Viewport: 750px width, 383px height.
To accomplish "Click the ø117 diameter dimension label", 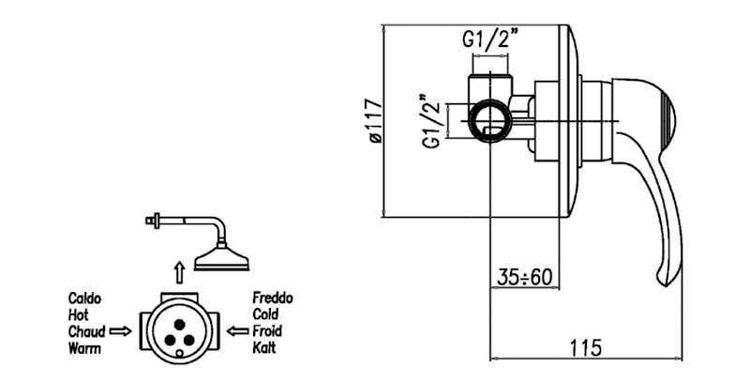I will (x=374, y=120).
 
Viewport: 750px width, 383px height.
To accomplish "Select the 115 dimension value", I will (x=585, y=346).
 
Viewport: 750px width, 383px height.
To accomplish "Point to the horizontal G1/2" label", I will (x=491, y=41).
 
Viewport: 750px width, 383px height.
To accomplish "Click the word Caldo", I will (x=84, y=298).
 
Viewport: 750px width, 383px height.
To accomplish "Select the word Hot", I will (x=78, y=314).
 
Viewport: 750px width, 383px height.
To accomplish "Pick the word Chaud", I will (x=86, y=331).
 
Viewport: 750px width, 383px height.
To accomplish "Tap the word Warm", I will (x=84, y=348).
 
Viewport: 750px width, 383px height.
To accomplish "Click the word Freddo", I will (x=273, y=298).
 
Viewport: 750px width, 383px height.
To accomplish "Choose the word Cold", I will (x=266, y=314).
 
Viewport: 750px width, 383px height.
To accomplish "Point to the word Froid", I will (x=267, y=331).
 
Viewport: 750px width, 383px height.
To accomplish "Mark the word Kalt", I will (x=264, y=348).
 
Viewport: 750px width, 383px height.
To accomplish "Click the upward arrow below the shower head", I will (x=179, y=273).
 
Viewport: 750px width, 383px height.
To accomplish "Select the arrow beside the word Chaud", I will (x=121, y=331).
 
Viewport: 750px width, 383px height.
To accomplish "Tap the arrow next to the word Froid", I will (x=236, y=331).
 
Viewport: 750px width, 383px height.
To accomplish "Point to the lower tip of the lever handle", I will (x=664, y=279).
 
